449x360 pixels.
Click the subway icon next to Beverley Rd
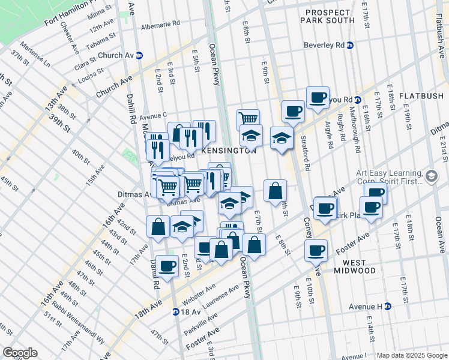tap(351, 45)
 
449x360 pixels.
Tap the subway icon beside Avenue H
tap(388, 307)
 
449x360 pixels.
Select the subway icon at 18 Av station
tap(175, 311)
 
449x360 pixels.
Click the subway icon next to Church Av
tap(139, 55)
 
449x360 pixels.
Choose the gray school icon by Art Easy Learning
tap(432, 176)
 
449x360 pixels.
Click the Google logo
tap(20, 353)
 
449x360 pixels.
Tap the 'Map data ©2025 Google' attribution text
tap(411, 355)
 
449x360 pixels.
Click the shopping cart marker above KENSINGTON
tap(248, 118)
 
